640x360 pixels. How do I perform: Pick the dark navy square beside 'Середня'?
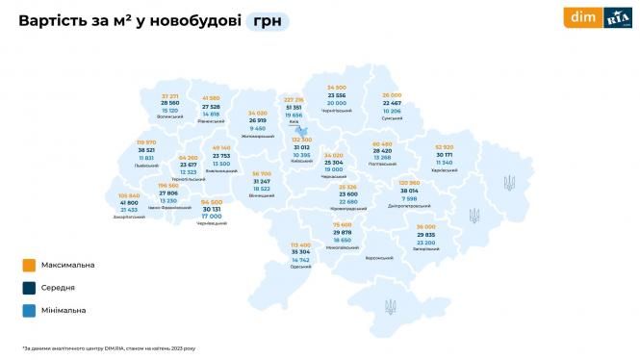click(30, 286)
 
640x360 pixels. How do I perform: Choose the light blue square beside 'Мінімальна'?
click(30, 310)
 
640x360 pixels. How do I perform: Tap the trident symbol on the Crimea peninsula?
click(390, 307)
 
